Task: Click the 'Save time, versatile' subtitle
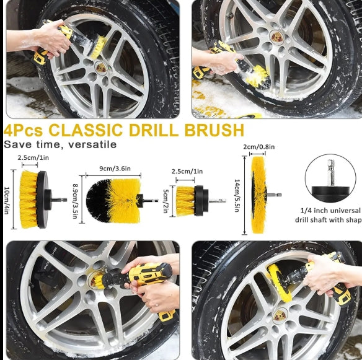pyautogui.click(x=60, y=144)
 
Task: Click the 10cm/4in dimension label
pyautogui.click(x=8, y=200)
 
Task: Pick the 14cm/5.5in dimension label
pyautogui.click(x=237, y=194)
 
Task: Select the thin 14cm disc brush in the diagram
pyautogui.click(x=259, y=194)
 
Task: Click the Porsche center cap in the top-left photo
pyautogui.click(x=101, y=68)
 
